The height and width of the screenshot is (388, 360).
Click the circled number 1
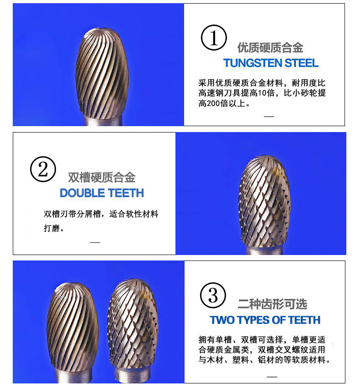click(214, 38)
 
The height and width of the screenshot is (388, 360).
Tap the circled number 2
click(43, 169)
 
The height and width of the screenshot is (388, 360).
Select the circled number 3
click(213, 295)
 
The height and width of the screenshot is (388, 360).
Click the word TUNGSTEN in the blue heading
click(252, 63)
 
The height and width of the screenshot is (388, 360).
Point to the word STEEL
click(301, 63)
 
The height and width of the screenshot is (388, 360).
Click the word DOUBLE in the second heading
click(82, 193)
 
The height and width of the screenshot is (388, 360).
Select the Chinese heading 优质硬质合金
click(270, 47)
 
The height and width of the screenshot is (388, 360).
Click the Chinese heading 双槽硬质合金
click(102, 178)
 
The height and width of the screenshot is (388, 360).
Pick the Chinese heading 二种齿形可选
click(273, 304)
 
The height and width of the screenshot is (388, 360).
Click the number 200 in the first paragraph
click(213, 103)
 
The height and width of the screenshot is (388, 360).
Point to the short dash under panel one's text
click(269, 116)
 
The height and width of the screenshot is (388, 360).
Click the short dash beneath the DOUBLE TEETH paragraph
click(95, 242)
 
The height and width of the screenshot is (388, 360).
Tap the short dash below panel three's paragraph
click(272, 377)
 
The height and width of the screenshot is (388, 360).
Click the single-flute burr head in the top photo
click(102, 73)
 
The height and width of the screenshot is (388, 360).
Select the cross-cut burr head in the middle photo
click(264, 201)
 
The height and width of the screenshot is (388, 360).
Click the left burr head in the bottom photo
click(72, 327)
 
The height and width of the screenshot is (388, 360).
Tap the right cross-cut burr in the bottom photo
click(133, 324)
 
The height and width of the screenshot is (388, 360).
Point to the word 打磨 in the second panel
click(52, 228)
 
